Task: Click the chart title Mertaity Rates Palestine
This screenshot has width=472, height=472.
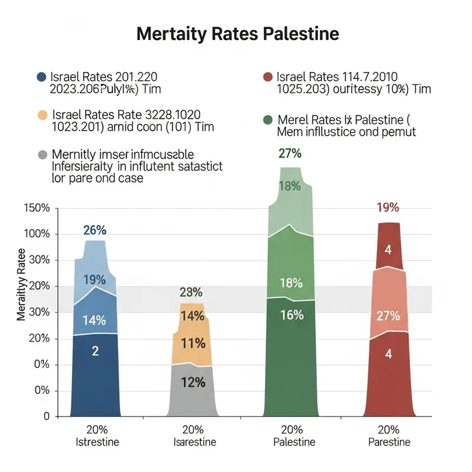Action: tap(237, 33)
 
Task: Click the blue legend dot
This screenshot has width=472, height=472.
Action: tap(41, 77)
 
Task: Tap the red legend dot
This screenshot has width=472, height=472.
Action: tap(267, 77)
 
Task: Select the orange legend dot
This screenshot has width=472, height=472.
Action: tap(41, 114)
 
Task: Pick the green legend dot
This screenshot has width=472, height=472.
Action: tap(267, 120)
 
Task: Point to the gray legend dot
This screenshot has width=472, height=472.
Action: tap(41, 155)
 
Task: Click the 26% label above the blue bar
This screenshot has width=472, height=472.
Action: tap(94, 230)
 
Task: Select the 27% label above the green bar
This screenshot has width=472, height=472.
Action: tap(290, 154)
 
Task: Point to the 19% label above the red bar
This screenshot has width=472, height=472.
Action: tap(388, 208)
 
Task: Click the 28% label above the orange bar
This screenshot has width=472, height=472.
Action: tap(191, 292)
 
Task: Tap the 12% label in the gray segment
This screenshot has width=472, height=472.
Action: tap(192, 382)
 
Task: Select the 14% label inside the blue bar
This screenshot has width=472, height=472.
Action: tap(94, 321)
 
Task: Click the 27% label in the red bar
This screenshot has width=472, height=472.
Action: tap(388, 316)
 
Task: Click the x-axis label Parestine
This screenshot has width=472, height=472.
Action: tap(389, 442)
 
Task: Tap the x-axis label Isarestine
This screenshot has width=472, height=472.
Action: tap(194, 442)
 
